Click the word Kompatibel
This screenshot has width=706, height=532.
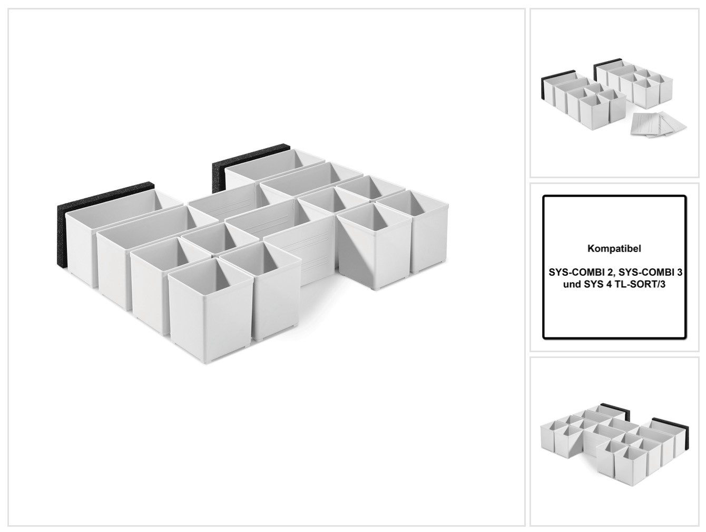(x=614, y=249)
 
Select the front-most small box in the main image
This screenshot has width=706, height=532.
(x=211, y=309)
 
